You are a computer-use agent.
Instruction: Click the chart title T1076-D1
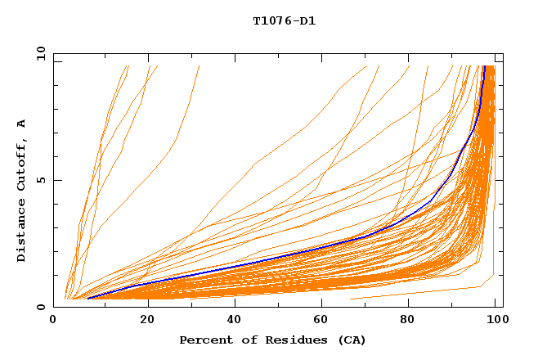click(x=284, y=21)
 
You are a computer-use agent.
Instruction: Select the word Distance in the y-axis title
click(x=22, y=231)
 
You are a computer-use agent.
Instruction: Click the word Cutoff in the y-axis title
click(x=22, y=164)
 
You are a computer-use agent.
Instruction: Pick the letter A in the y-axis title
click(x=22, y=124)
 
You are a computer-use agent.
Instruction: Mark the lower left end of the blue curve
click(x=88, y=299)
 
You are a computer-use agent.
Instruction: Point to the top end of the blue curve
click(x=485, y=66)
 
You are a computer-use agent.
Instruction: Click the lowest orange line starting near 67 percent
click(x=425, y=292)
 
